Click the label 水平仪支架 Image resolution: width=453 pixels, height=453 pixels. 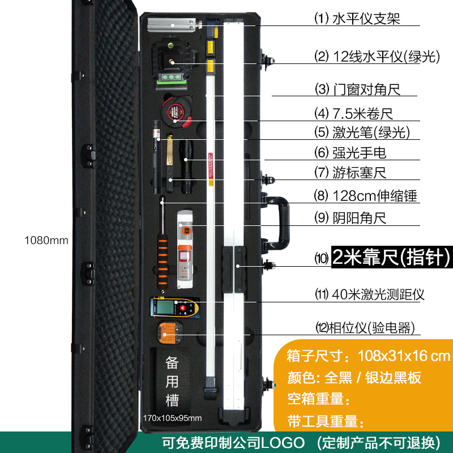[357, 19]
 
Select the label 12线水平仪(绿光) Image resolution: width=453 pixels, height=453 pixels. [378, 57]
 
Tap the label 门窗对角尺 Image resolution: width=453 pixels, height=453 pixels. [358, 89]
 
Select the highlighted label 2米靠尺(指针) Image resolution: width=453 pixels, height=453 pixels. [391, 258]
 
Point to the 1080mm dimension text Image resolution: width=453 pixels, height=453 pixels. [46, 240]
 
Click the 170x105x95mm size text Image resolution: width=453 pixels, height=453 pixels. [172, 418]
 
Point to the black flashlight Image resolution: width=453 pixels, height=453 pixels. [186, 167]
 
